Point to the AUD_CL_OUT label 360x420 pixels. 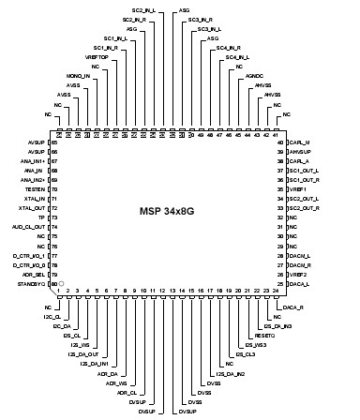pos(29,226)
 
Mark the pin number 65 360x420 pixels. pos(53,142)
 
